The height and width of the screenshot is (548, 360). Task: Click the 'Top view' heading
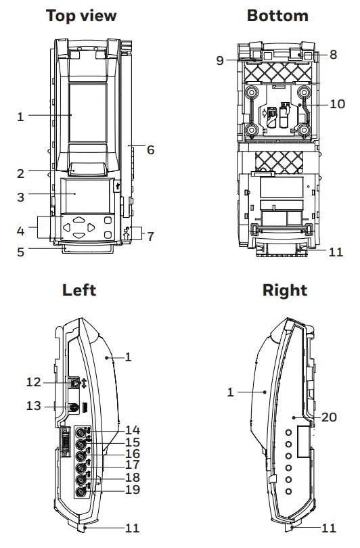pyautogui.click(x=81, y=16)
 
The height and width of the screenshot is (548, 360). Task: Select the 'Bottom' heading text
pyautogui.click(x=277, y=16)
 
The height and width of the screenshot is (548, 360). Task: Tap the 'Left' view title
pyautogui.click(x=79, y=290)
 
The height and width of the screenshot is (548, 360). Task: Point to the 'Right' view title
pyautogui.click(x=284, y=290)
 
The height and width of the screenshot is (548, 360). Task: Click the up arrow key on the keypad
pyautogui.click(x=79, y=220)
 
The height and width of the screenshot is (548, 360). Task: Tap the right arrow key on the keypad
pyautogui.click(x=91, y=228)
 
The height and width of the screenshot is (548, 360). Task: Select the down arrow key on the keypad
pyautogui.click(x=79, y=235)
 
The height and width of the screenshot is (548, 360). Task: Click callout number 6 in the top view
pyautogui.click(x=150, y=150)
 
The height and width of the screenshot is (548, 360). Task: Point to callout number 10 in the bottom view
pyautogui.click(x=337, y=104)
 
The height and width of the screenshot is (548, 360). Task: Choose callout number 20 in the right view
pyautogui.click(x=329, y=417)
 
